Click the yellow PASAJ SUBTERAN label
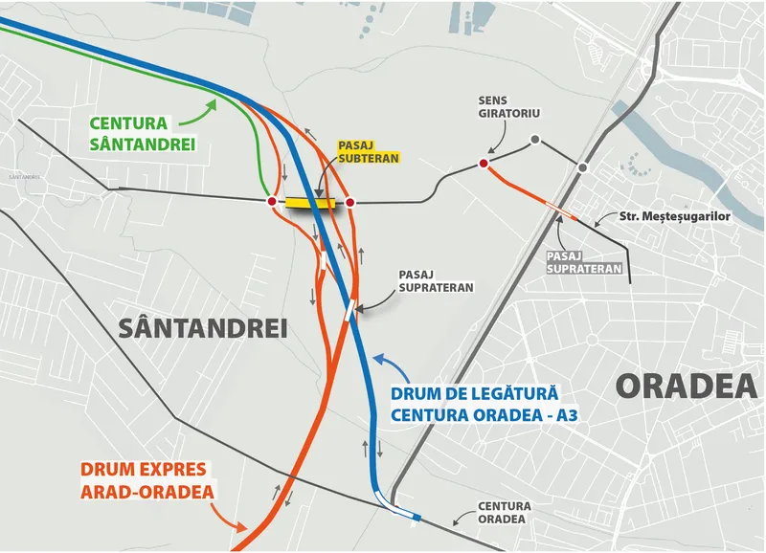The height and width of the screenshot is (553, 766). [x=368, y=151]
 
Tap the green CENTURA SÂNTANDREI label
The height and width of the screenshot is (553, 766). [x=143, y=134]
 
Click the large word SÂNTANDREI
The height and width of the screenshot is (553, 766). [x=204, y=329]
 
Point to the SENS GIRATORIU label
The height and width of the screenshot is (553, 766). [x=507, y=108]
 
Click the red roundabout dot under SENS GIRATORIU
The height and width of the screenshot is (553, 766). [x=484, y=165]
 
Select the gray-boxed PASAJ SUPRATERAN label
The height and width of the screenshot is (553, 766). [x=583, y=263]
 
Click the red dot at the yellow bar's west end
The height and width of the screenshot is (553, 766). [x=272, y=202]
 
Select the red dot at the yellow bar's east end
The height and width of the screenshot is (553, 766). [x=350, y=202]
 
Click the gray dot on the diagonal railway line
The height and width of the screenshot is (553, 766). [x=582, y=168]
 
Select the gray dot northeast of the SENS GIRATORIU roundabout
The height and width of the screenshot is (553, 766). [x=535, y=141]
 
